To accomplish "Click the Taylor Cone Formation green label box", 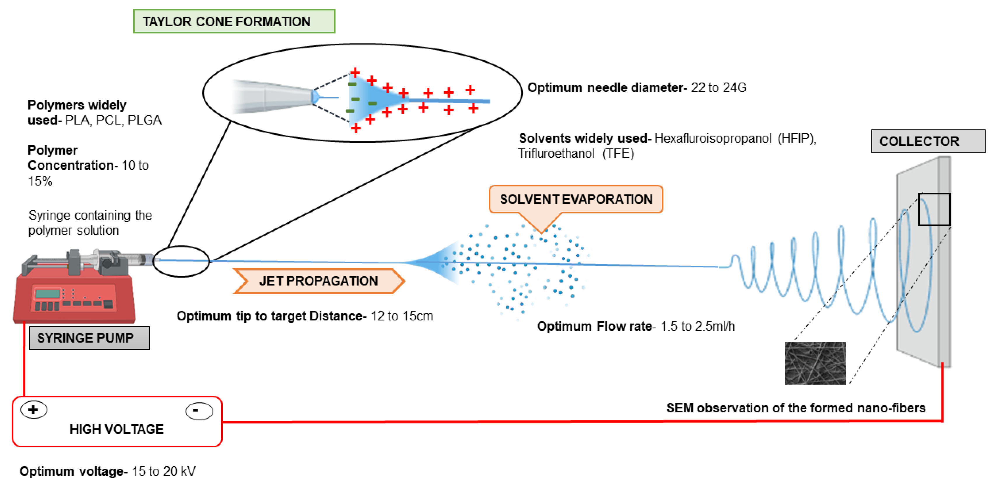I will click(x=234, y=21).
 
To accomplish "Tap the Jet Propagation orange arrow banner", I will click(x=318, y=281).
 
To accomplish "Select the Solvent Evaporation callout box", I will click(x=575, y=199).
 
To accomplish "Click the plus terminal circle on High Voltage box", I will click(x=34, y=409).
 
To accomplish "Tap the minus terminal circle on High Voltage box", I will click(x=199, y=411).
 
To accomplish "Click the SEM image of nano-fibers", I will click(x=815, y=363).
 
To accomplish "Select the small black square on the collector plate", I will click(x=934, y=209).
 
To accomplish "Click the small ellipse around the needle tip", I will click(x=181, y=261).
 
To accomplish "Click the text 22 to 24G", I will click(x=718, y=88).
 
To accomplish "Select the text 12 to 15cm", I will click(x=402, y=316).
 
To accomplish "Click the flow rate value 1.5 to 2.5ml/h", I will click(x=697, y=327).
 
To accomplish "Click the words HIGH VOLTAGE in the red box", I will click(x=116, y=429).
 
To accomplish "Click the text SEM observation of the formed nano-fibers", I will click(x=796, y=408).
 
